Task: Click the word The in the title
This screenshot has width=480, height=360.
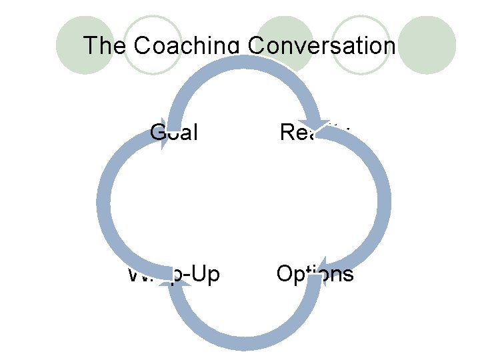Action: pos(105,46)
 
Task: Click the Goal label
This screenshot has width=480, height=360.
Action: pos(175,132)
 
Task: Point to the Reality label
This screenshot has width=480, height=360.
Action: pos(313,132)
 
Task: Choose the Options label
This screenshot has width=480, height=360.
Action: pos(315,273)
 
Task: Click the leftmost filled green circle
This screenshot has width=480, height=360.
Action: pos(85,44)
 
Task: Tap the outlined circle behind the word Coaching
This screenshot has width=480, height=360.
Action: pos(153,44)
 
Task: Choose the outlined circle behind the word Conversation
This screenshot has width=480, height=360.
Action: pos(360,44)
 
